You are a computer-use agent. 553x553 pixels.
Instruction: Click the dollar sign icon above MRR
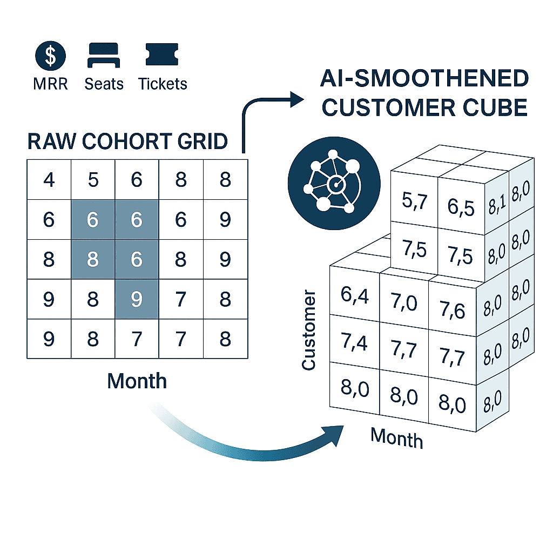click(x=50, y=56)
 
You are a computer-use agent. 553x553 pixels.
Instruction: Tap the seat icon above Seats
click(x=104, y=55)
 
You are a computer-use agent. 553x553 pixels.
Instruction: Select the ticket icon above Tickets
click(x=162, y=55)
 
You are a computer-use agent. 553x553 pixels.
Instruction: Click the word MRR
click(x=50, y=84)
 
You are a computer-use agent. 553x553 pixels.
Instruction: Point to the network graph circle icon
click(x=334, y=184)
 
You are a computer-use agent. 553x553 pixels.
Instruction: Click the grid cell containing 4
click(x=49, y=180)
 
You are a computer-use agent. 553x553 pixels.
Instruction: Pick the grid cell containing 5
click(x=93, y=180)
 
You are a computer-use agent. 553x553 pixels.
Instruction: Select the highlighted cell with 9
click(x=137, y=299)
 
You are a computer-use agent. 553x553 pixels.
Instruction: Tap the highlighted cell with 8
click(x=93, y=259)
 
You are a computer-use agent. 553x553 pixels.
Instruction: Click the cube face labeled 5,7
click(x=414, y=200)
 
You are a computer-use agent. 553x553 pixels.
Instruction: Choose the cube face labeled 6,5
click(x=461, y=206)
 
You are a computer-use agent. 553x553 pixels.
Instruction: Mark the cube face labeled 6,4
click(x=354, y=294)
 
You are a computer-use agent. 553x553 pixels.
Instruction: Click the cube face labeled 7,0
click(x=404, y=302)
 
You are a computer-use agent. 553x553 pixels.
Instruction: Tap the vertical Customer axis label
click(x=308, y=330)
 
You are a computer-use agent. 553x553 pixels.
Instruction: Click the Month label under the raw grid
click(x=137, y=381)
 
